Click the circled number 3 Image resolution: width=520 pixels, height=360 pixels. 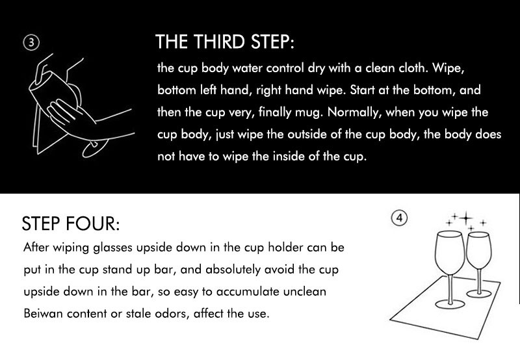pos(31,43)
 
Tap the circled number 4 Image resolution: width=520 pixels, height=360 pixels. pos(399,218)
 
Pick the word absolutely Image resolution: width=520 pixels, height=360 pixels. pos(233,270)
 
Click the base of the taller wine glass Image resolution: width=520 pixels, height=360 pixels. pos(450,304)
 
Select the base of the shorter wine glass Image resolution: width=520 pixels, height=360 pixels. pos(479,293)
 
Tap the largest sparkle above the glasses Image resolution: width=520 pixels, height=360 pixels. pos(466,218)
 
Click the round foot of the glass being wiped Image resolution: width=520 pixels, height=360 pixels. pos(95,148)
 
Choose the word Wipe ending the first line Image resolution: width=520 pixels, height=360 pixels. pos(448,68)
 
